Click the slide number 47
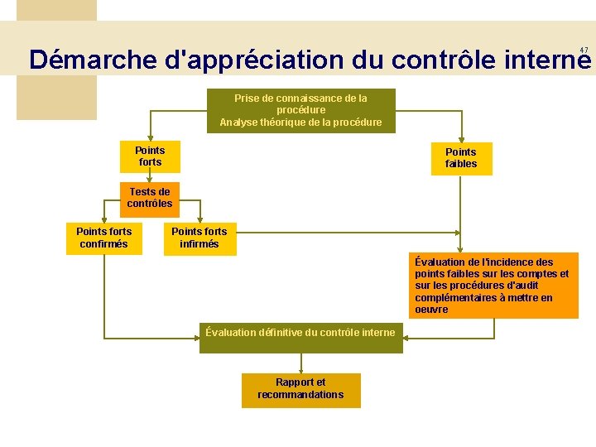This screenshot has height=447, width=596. [x=584, y=50]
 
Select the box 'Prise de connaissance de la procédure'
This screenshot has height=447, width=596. [x=300, y=110]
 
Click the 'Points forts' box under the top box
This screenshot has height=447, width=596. [x=150, y=156]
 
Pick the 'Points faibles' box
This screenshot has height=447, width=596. [x=461, y=158]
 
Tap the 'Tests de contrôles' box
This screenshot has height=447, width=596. [x=150, y=198]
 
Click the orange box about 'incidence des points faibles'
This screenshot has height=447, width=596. [x=495, y=286]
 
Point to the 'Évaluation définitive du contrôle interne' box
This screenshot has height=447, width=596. [x=300, y=334]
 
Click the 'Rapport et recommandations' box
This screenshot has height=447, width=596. [x=300, y=389]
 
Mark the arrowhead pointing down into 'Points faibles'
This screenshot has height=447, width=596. [x=462, y=138]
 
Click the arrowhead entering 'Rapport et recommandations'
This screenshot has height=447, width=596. [x=300, y=369]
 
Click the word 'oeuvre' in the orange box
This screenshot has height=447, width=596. [x=431, y=310]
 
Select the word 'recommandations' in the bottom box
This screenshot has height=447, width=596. [x=300, y=395]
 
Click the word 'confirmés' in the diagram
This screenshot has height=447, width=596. [x=103, y=243]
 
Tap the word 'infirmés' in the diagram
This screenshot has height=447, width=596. [x=199, y=243]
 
